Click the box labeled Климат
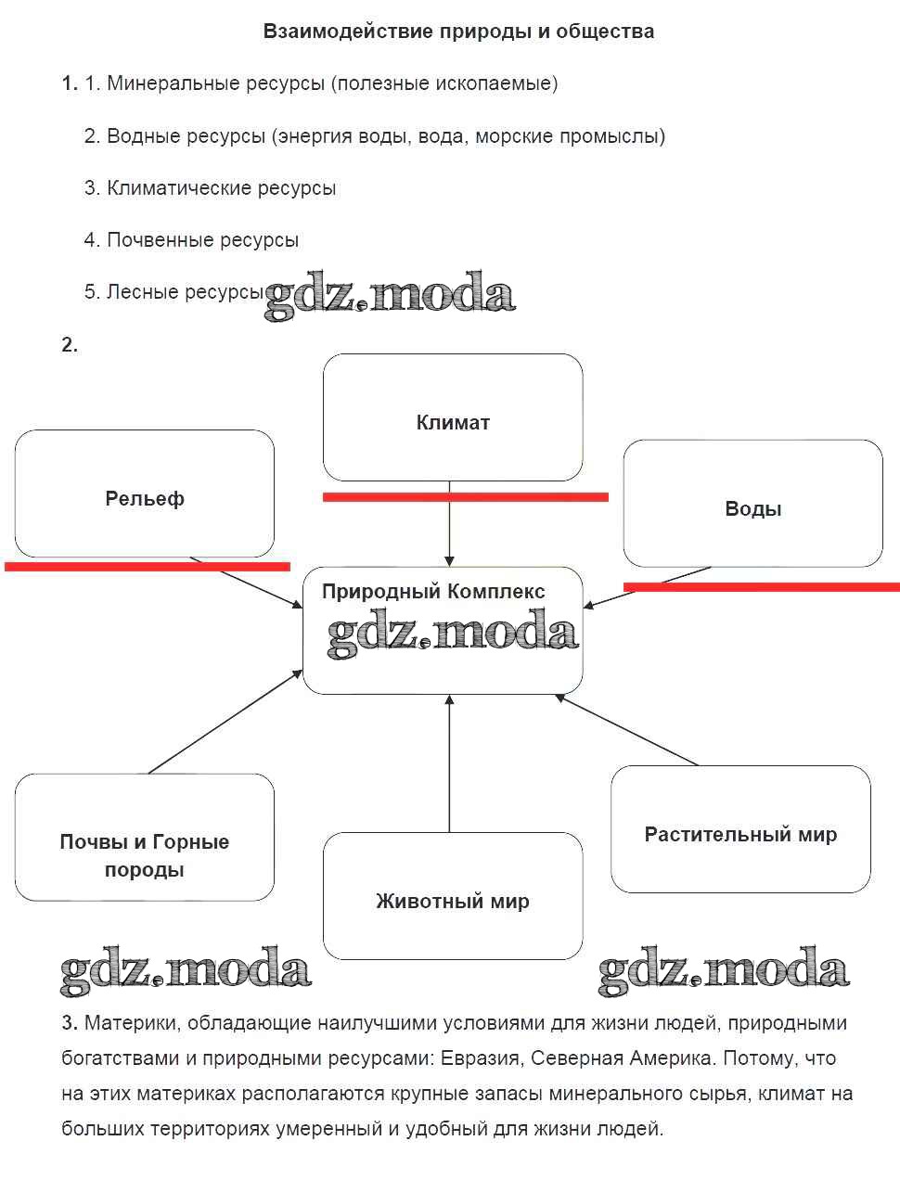click(x=453, y=417)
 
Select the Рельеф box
click(x=145, y=493)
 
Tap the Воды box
click(x=752, y=504)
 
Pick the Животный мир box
click(x=453, y=896)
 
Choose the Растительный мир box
click(x=740, y=829)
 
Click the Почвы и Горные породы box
click(x=145, y=838)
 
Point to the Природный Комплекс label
click(x=433, y=592)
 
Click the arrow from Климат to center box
click(x=449, y=524)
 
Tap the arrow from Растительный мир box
click(x=627, y=730)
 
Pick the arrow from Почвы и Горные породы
click(x=225, y=722)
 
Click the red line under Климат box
click(x=465, y=497)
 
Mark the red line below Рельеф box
click(x=148, y=566)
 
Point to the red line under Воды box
click(x=761, y=586)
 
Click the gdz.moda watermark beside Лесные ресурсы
click(x=390, y=295)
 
